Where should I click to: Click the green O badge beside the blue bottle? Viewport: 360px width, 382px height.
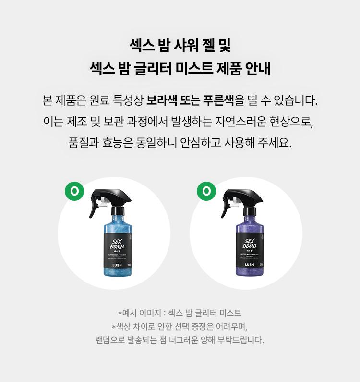[x=74, y=191]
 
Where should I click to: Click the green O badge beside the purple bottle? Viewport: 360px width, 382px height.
[x=206, y=191]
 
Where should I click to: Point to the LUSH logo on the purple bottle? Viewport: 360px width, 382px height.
[x=250, y=265]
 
